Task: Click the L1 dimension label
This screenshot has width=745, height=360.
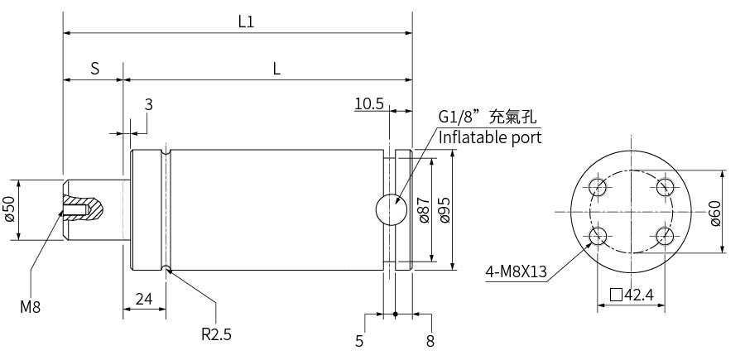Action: (x=246, y=22)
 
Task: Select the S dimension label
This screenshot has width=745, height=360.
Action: (x=95, y=69)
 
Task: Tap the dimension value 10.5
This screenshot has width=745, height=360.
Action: (x=369, y=103)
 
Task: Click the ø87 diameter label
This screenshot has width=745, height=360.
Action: (x=424, y=209)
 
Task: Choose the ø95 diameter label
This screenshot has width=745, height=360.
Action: (x=445, y=209)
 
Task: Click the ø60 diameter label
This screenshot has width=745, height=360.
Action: (x=715, y=214)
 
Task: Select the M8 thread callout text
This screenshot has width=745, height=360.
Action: (x=31, y=307)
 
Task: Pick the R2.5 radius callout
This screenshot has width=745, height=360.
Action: (x=216, y=334)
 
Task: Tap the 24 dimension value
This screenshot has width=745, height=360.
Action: (x=144, y=299)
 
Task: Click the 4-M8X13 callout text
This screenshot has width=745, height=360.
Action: (x=516, y=272)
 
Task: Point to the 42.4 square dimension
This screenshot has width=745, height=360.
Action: (x=632, y=295)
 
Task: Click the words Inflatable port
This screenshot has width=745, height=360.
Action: (x=490, y=137)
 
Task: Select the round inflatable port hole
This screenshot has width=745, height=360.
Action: (x=392, y=209)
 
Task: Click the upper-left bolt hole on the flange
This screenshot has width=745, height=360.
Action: (x=598, y=186)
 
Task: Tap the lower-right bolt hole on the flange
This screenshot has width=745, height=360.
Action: (x=665, y=236)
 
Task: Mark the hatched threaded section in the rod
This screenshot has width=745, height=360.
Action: (x=83, y=207)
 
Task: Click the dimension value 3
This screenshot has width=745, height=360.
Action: (x=149, y=104)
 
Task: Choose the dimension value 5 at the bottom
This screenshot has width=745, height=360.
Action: (x=359, y=341)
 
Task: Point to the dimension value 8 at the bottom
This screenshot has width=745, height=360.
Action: (x=430, y=341)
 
